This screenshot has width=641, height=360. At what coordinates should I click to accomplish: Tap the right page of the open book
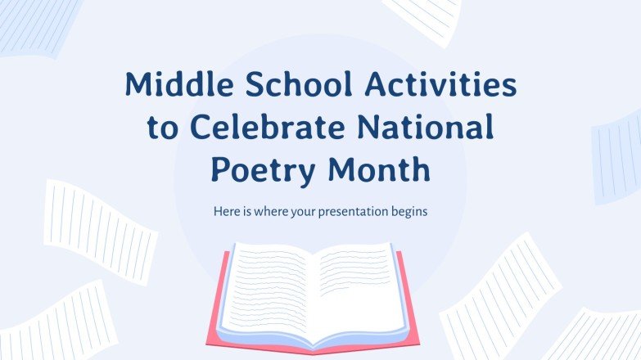360,282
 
